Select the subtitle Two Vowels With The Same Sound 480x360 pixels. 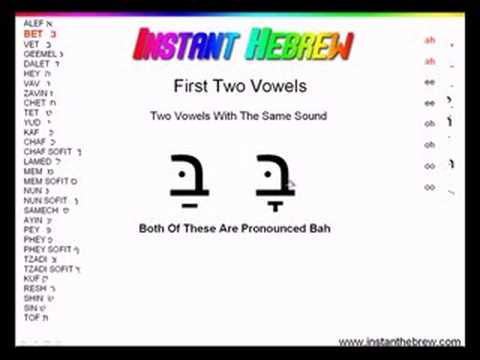(238, 116)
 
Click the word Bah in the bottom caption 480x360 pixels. (318, 229)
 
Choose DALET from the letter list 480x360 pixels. (35, 63)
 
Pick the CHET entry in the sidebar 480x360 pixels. (34, 102)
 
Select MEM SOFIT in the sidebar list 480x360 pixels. (45, 181)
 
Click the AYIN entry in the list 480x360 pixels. (33, 220)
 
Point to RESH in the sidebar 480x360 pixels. (33, 288)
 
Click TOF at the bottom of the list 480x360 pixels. (31, 317)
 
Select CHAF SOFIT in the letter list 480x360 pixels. (46, 151)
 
